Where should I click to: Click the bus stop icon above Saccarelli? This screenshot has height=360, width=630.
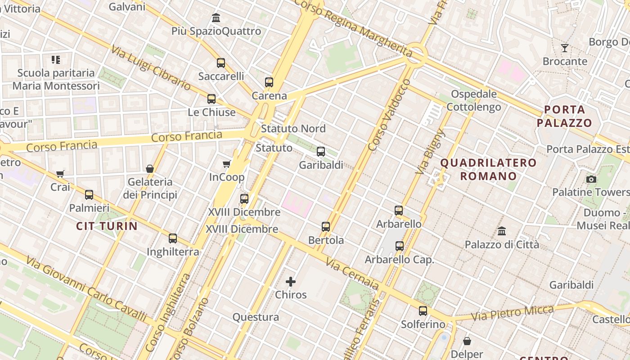click(220, 63)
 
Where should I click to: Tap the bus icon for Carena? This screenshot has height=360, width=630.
click(269, 82)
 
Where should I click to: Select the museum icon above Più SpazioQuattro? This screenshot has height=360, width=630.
click(216, 18)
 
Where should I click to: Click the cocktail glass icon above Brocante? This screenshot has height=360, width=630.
click(565, 48)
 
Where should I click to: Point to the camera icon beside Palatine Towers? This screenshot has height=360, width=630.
click(591, 179)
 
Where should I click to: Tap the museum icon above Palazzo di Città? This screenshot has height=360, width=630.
click(502, 231)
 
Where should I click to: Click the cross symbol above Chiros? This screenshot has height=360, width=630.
click(291, 282)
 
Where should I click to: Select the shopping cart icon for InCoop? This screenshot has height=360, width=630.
click(227, 164)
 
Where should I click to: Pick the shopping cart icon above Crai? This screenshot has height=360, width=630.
click(60, 174)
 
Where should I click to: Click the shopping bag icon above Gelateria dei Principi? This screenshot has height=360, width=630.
click(150, 169)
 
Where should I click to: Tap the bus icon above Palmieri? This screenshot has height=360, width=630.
click(89, 195)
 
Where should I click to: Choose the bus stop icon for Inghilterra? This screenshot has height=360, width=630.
click(173, 238)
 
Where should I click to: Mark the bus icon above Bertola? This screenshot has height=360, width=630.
click(326, 227)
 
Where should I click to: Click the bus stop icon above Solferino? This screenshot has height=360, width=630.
click(423, 310)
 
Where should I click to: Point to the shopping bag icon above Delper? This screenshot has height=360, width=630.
click(467, 341)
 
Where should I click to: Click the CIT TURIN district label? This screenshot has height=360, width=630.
click(107, 226)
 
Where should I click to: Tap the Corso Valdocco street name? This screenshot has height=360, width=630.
click(389, 115)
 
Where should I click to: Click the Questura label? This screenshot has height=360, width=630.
click(256, 317)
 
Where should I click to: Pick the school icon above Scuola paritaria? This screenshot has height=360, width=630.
click(56, 59)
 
